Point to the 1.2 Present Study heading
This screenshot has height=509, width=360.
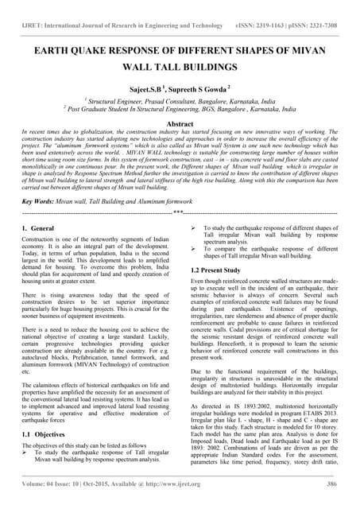point(218,271)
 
